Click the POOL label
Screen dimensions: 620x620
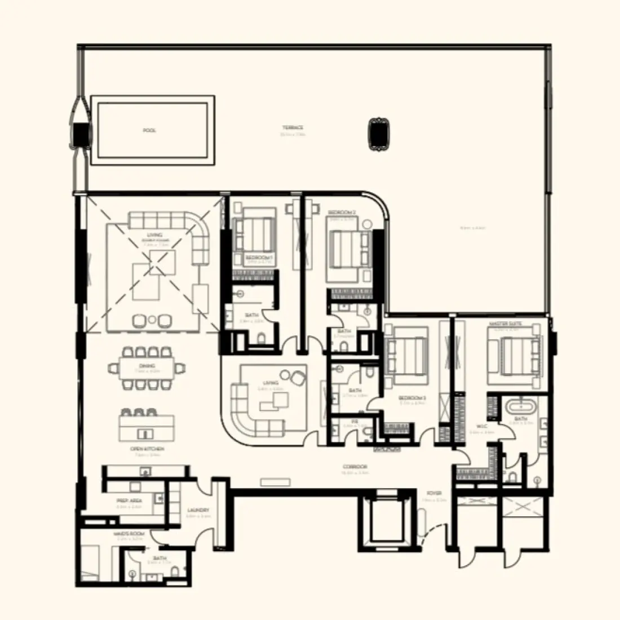pos(149,130)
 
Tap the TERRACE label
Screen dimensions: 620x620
pos(293,128)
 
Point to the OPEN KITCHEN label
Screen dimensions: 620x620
pos(147,449)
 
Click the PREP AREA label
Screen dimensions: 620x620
pos(129,501)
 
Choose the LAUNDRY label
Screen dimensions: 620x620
pos(198,511)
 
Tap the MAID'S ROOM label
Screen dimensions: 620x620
pos(129,534)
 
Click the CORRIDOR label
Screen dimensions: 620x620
pos(355,467)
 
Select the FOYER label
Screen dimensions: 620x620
pos(434,494)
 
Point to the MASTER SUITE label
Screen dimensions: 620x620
pos(506,324)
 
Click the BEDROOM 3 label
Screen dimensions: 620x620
pos(413,398)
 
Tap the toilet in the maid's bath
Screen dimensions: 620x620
pos(176,573)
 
